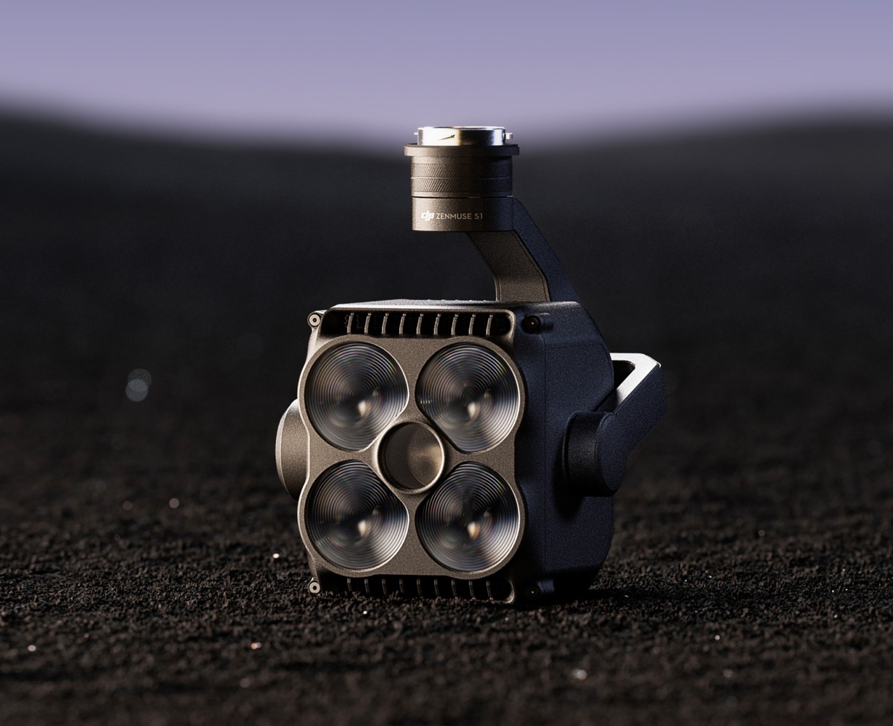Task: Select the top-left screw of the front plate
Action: (314, 320)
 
